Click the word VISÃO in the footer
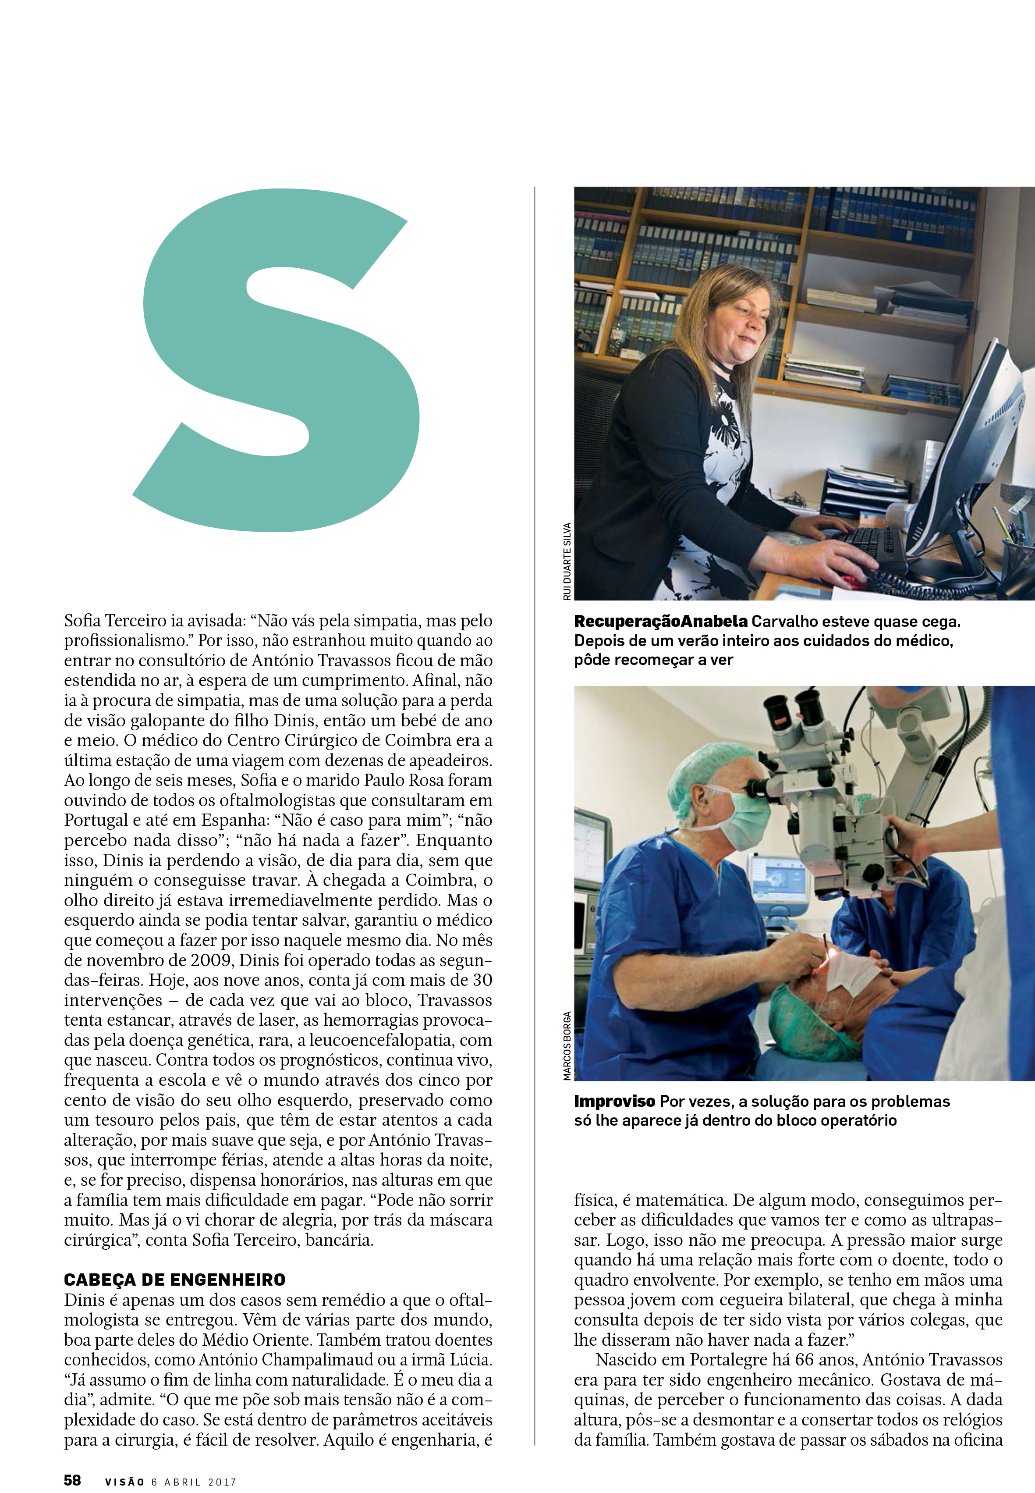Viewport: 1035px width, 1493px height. coord(124,1463)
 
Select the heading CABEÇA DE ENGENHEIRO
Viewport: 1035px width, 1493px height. coord(174,1280)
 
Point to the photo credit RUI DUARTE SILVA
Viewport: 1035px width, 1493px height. coord(567,561)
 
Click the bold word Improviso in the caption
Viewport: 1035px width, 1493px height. coord(614,1101)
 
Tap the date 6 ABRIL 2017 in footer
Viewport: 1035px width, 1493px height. coord(193,1463)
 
